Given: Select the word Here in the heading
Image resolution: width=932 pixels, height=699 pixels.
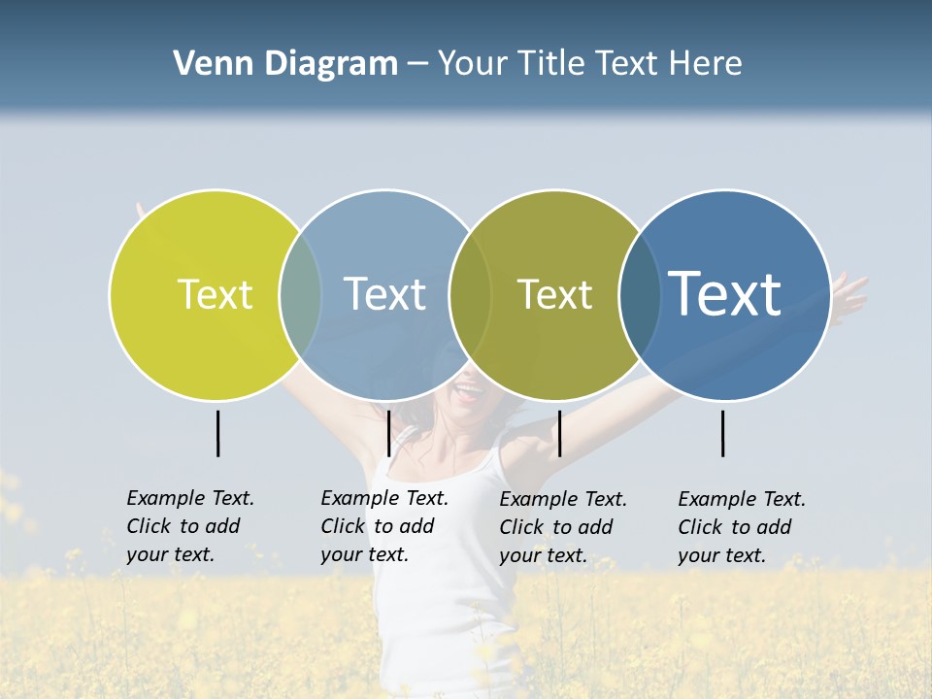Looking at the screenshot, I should [x=703, y=64].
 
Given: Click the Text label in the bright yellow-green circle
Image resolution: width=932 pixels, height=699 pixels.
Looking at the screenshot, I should [x=215, y=294].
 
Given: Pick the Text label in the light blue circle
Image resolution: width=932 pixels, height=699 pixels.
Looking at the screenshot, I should [x=384, y=294].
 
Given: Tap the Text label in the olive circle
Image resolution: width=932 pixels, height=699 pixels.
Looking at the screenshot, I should [x=554, y=294].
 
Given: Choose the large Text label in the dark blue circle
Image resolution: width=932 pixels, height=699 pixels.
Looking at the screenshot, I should [x=725, y=293].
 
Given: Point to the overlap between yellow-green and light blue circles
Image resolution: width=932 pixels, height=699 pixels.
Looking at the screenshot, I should [x=300, y=294].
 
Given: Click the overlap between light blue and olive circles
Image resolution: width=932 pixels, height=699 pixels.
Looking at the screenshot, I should [x=470, y=294].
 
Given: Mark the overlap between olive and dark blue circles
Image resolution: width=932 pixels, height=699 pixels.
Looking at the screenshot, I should [x=640, y=294].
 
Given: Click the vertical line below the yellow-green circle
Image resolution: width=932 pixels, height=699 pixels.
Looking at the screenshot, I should [x=218, y=433].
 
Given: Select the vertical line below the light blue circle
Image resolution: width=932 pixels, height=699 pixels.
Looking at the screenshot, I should [x=389, y=433].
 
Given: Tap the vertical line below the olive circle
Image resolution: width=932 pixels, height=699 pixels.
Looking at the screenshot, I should [x=560, y=433].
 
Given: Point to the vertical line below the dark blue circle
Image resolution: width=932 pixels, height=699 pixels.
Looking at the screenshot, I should [x=723, y=433].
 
